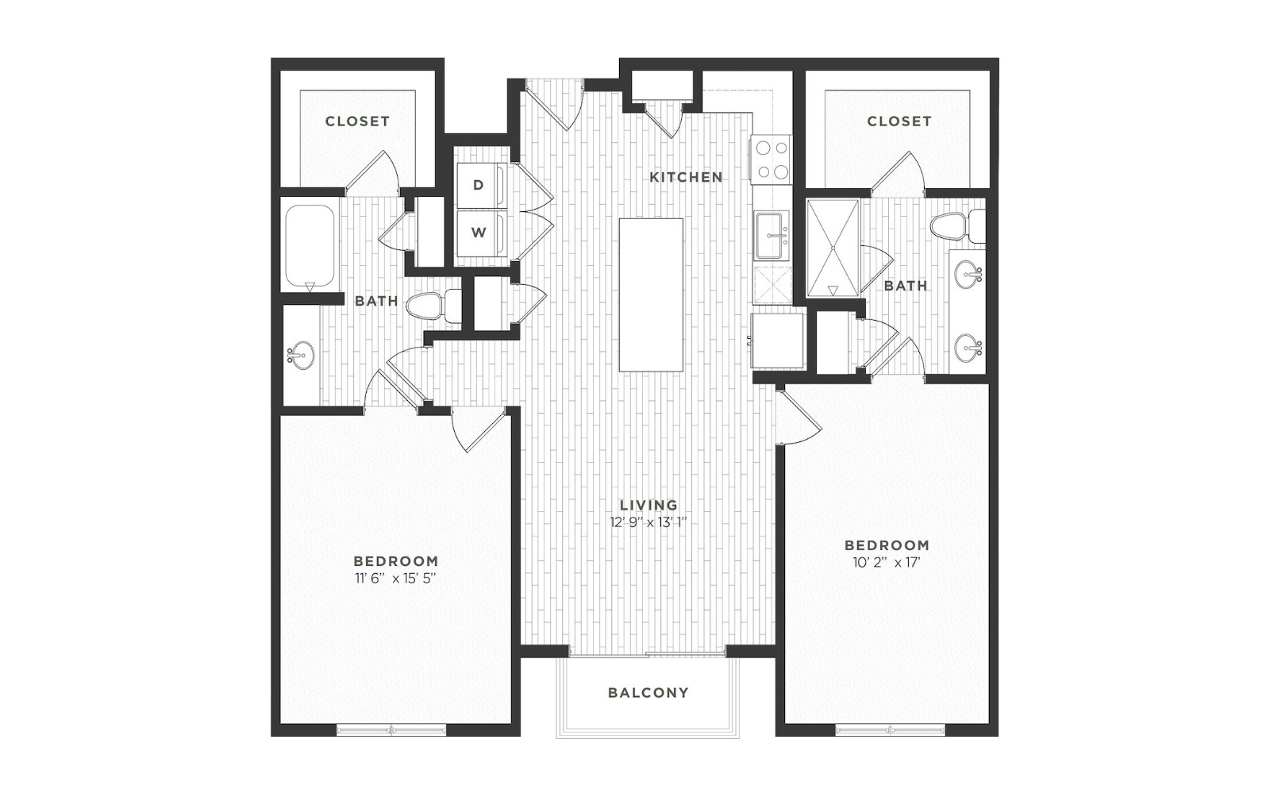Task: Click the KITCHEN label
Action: coord(686,178)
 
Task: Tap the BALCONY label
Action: coord(648,693)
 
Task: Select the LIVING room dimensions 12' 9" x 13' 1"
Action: coord(648,522)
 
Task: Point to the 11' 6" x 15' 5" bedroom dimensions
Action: coord(396,579)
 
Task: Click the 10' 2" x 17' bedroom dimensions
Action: coord(887,563)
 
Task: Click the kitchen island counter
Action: coord(651,295)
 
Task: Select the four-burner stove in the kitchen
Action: coord(772,160)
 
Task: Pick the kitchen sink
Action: coord(771,235)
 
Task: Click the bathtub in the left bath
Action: coord(310,247)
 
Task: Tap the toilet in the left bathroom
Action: coord(435,306)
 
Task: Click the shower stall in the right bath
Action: coord(833,248)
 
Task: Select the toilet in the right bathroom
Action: coord(957,227)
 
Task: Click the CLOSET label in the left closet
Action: coord(357,121)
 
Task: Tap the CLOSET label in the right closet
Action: coord(899,121)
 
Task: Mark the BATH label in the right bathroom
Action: coord(906,286)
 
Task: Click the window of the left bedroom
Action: coord(392,730)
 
